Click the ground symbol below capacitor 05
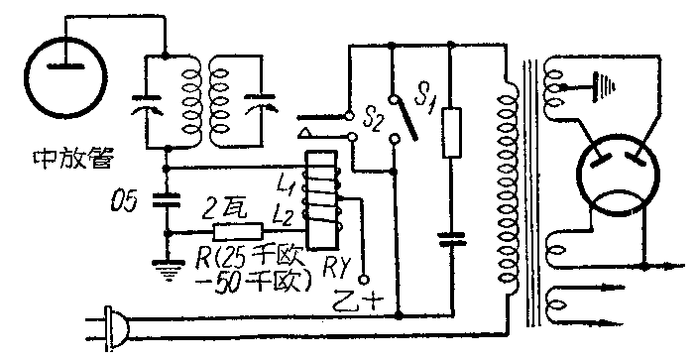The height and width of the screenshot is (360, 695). click(165, 264)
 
